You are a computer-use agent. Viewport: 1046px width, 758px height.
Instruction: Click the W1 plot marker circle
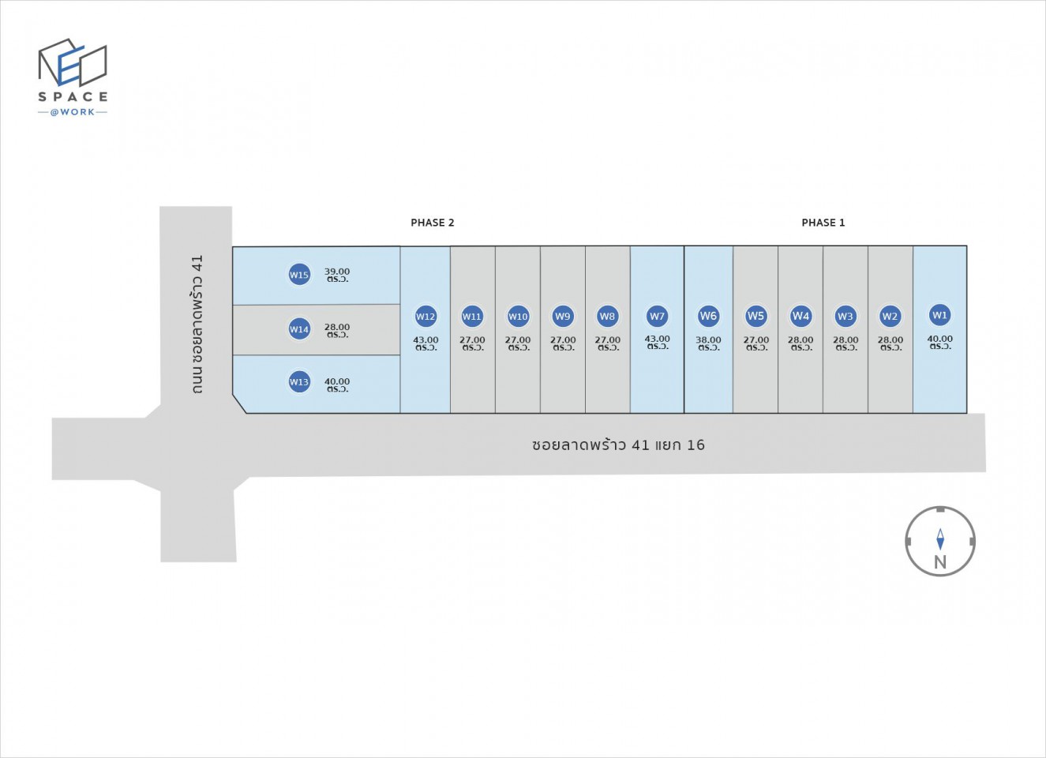pos(939,315)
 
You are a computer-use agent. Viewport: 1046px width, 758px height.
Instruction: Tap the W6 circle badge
pos(708,316)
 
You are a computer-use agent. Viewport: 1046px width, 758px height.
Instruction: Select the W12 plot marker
pos(426,317)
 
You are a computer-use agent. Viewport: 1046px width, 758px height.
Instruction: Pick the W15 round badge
pos(299,275)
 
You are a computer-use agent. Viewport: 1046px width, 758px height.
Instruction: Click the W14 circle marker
pos(299,329)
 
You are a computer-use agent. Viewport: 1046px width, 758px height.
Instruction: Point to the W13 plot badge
pos(299,382)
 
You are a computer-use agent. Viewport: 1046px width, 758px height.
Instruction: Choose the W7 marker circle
pos(657,316)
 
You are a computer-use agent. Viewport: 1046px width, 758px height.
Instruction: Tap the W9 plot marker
pos(562,317)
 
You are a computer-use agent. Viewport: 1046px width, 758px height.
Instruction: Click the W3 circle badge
pos(845,316)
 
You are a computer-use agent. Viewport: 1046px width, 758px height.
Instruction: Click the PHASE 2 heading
pos(433,223)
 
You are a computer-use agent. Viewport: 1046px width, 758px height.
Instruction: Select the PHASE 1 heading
pos(823,223)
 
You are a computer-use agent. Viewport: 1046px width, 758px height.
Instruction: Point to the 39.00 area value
pos(337,272)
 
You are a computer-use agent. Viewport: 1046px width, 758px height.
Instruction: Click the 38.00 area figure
pos(708,340)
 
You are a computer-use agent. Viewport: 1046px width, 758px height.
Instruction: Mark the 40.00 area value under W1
pos(939,340)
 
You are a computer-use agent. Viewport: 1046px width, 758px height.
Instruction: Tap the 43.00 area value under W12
pos(426,340)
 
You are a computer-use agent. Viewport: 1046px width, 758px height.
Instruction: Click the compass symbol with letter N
pos(939,542)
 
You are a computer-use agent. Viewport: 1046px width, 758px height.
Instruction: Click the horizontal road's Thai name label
pos(618,445)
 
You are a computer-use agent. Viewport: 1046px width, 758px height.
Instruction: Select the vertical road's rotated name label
pos(197,324)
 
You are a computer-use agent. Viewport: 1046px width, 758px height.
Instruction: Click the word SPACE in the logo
pos(73,97)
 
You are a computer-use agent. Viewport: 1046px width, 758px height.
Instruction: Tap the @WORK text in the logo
pos(73,112)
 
